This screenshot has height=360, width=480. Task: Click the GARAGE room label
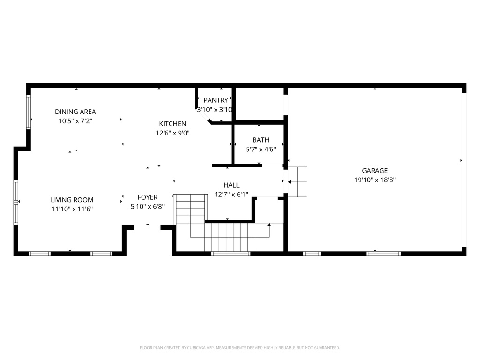pyautogui.click(x=375, y=171)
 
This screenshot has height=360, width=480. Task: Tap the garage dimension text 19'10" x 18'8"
pyautogui.click(x=375, y=180)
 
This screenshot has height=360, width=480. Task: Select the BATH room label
pyautogui.click(x=261, y=140)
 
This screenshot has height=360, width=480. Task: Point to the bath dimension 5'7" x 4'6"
pyautogui.click(x=261, y=149)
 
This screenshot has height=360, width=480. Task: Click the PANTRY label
pyautogui.click(x=216, y=100)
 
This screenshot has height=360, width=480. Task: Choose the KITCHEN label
pyautogui.click(x=172, y=124)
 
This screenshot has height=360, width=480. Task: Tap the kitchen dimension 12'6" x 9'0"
pyautogui.click(x=172, y=133)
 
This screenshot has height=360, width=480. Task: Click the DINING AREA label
pyautogui.click(x=75, y=112)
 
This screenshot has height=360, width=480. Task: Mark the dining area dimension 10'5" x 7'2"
pyautogui.click(x=75, y=121)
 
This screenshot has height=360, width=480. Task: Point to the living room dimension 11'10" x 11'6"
pyautogui.click(x=72, y=209)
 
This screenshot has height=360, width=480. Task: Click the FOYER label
pyautogui.click(x=147, y=198)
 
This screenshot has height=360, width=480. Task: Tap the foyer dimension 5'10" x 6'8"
pyautogui.click(x=147, y=207)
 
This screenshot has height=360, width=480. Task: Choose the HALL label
pyautogui.click(x=231, y=186)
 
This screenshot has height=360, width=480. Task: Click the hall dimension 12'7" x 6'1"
pyautogui.click(x=231, y=195)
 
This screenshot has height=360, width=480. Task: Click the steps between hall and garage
pyautogui.click(x=297, y=182)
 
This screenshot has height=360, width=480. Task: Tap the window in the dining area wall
pyautogui.click(x=29, y=112)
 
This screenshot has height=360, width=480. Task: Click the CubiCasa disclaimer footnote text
pyautogui.click(x=240, y=348)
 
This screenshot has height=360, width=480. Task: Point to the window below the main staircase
pyautogui.click(x=231, y=254)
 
